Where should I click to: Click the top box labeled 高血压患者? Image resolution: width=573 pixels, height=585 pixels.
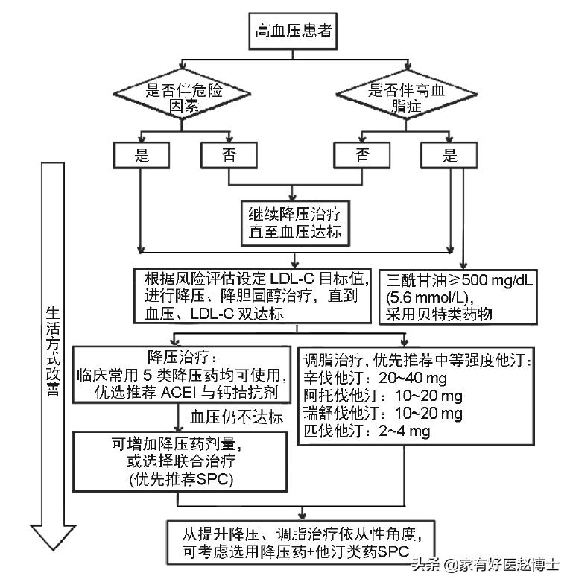tap(294, 31)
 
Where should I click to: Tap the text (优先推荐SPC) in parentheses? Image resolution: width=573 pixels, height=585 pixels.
tap(180, 479)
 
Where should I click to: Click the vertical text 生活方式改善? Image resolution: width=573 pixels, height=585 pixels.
tap(52, 350)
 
